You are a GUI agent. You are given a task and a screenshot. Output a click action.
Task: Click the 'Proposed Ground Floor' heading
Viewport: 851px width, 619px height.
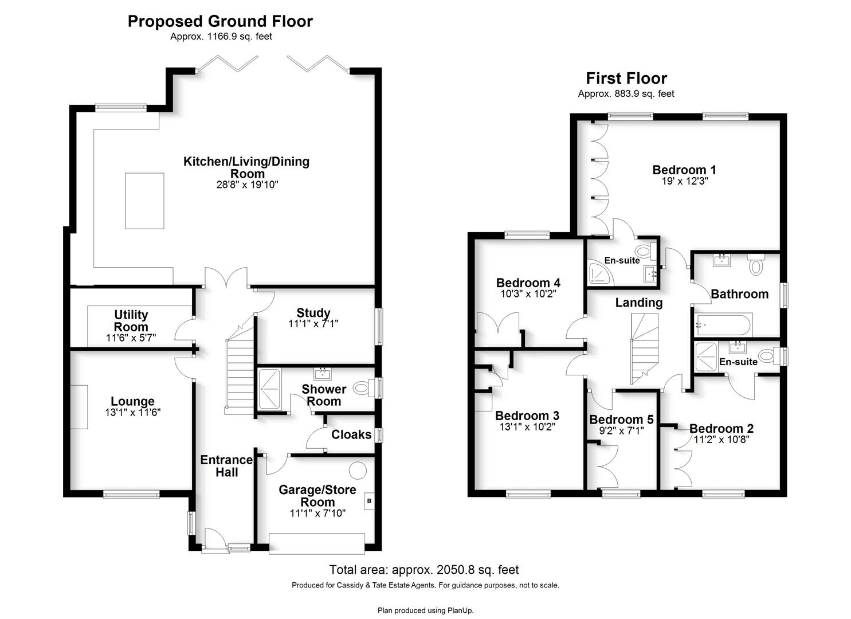(220, 21)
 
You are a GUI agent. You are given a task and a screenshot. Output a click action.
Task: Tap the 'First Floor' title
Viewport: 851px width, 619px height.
(626, 79)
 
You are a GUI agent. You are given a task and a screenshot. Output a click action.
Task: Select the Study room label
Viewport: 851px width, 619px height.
(313, 312)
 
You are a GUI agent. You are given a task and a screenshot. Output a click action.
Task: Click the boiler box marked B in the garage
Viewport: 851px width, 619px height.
(369, 501)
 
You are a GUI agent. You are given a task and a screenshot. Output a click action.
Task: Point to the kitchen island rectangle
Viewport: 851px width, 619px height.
(145, 201)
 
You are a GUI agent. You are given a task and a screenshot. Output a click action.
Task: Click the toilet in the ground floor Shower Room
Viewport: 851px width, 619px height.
(362, 388)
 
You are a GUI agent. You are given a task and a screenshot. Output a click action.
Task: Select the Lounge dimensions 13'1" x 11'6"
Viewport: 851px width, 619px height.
(132, 412)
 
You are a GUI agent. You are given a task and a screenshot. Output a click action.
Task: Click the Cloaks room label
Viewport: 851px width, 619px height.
(351, 434)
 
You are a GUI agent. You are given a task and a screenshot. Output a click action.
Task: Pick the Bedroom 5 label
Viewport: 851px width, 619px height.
(621, 420)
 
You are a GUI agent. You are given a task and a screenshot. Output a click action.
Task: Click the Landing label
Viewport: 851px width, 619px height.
(638, 303)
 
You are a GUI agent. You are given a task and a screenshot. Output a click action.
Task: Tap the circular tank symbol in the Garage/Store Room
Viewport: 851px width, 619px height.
(358, 470)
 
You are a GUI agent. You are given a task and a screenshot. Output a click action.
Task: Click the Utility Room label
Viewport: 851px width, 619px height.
(131, 321)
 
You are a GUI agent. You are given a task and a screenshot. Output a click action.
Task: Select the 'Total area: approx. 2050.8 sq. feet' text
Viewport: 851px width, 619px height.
(423, 570)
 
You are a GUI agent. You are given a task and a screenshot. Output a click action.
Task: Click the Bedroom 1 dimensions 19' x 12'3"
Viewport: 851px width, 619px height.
(685, 181)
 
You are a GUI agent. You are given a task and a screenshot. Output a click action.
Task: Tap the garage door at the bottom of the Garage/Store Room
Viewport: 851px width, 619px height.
(317, 543)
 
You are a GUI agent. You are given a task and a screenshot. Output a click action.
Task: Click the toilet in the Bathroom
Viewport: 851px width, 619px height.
(756, 264)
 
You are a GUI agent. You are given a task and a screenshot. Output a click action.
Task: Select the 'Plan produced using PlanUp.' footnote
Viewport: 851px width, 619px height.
(425, 610)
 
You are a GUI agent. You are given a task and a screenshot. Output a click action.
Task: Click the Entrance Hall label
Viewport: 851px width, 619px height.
(226, 466)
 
